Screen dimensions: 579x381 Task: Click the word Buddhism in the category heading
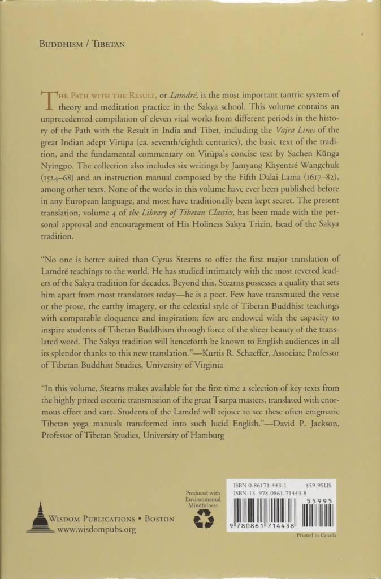point(63,42)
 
